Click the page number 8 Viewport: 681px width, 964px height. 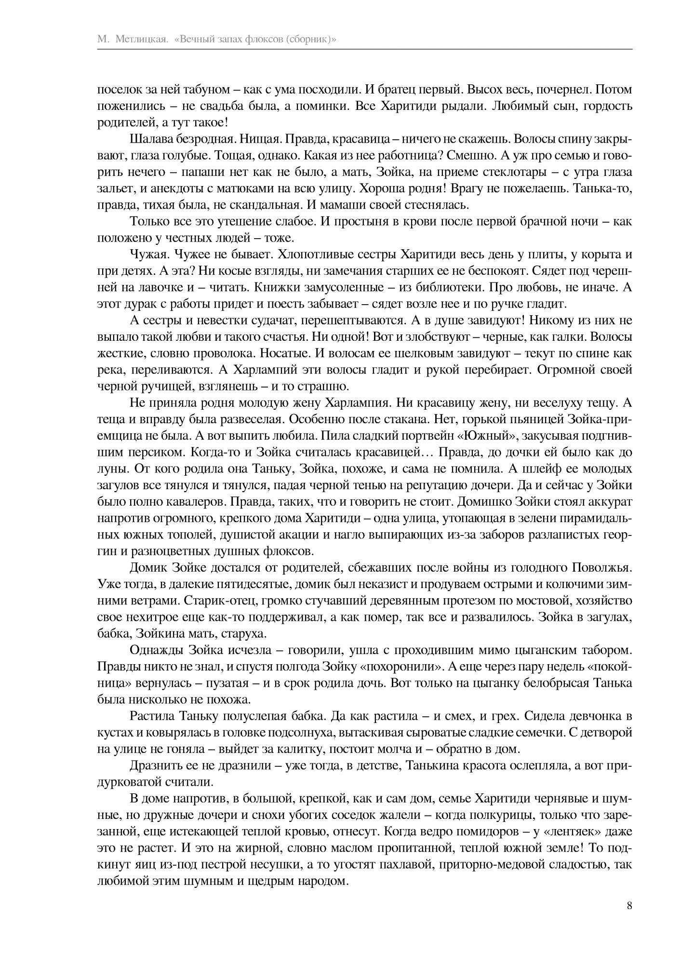point(629,905)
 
